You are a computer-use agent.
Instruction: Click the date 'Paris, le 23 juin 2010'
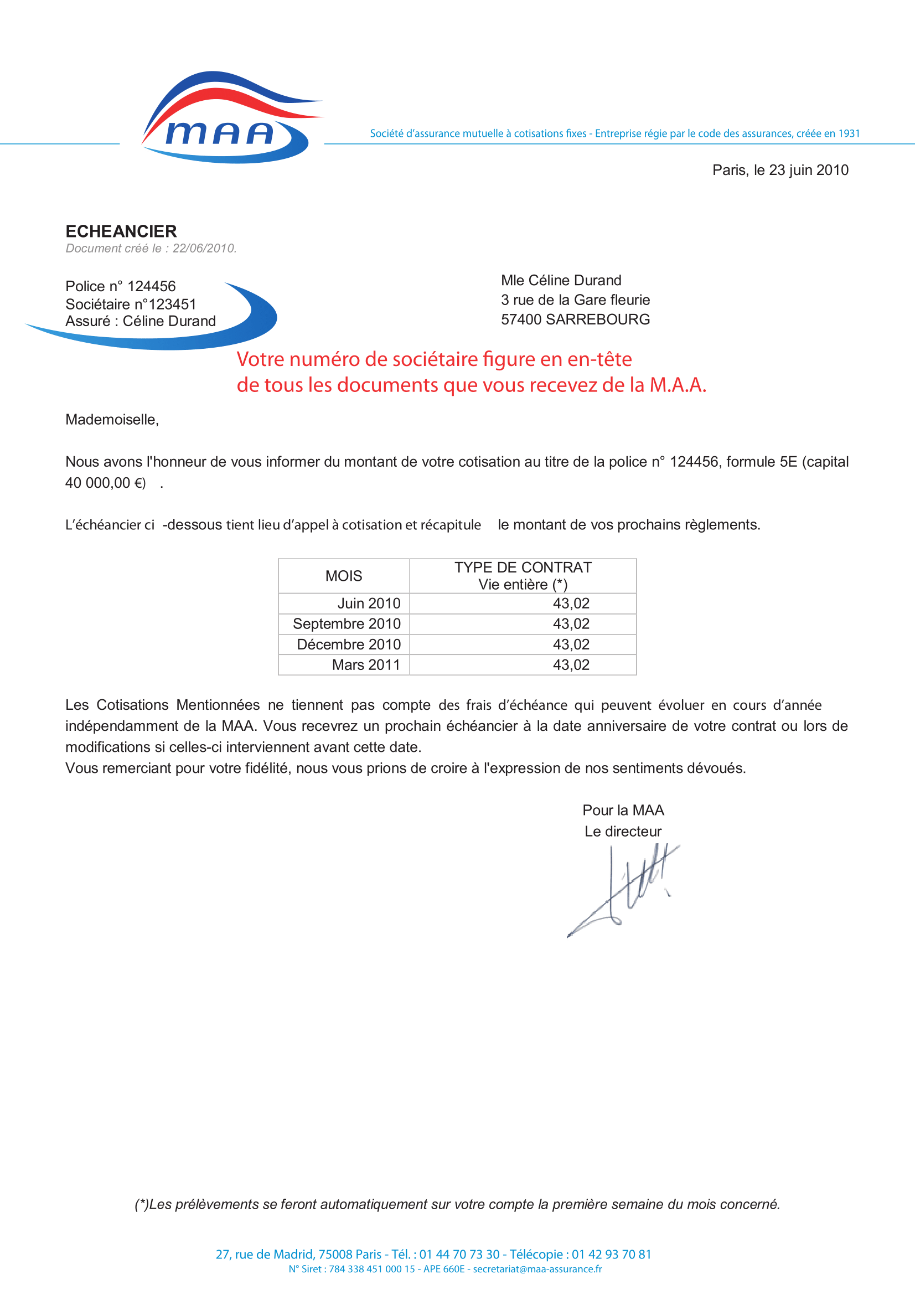click(x=780, y=171)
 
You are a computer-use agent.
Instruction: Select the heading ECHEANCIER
click(x=121, y=231)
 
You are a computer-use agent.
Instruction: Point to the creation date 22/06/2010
click(x=204, y=249)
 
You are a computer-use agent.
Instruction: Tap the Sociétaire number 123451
click(x=173, y=305)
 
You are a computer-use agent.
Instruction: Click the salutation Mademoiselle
click(x=112, y=420)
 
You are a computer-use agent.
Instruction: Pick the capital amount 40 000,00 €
click(x=105, y=483)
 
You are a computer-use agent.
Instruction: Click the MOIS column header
click(x=343, y=576)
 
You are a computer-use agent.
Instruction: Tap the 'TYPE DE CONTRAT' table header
click(x=523, y=567)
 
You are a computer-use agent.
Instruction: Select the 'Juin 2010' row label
click(x=369, y=603)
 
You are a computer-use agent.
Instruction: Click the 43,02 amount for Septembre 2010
click(x=571, y=624)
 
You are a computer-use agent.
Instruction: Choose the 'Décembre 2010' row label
click(x=348, y=644)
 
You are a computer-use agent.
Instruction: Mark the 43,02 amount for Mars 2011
click(x=571, y=665)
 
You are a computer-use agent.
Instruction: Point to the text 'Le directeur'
click(x=622, y=832)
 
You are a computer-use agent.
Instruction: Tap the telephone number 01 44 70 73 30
click(x=459, y=1255)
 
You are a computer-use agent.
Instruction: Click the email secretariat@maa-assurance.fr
click(x=537, y=1269)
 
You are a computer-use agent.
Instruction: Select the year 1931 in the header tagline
click(x=849, y=133)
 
